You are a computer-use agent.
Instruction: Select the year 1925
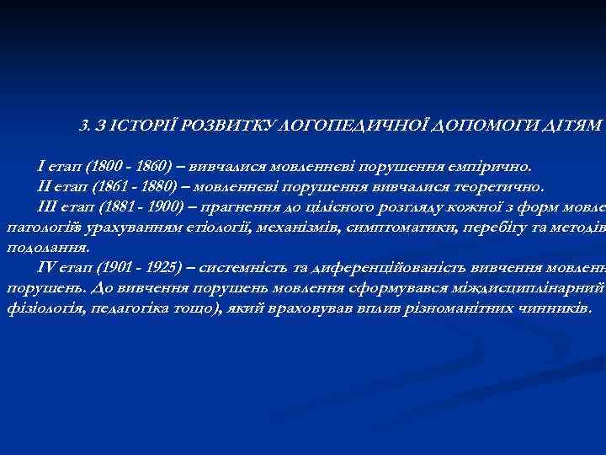(162, 268)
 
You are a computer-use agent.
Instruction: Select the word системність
(245, 268)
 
